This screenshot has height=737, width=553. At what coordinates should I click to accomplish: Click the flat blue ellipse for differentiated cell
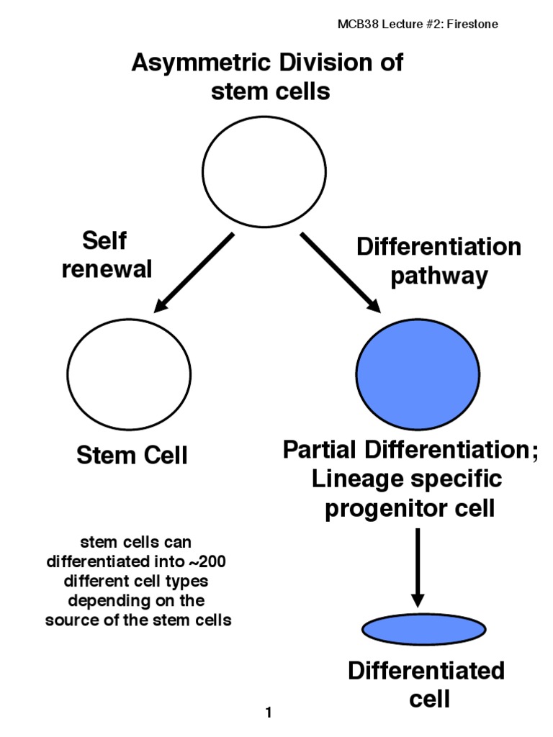(418, 630)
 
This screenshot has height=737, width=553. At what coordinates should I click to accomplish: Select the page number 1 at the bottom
(269, 714)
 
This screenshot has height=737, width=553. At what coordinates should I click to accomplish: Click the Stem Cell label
(132, 455)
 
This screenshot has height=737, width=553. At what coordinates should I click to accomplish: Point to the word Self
(107, 240)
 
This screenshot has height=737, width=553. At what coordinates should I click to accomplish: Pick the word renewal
(107, 268)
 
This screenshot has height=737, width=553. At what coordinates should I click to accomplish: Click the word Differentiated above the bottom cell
(426, 671)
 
